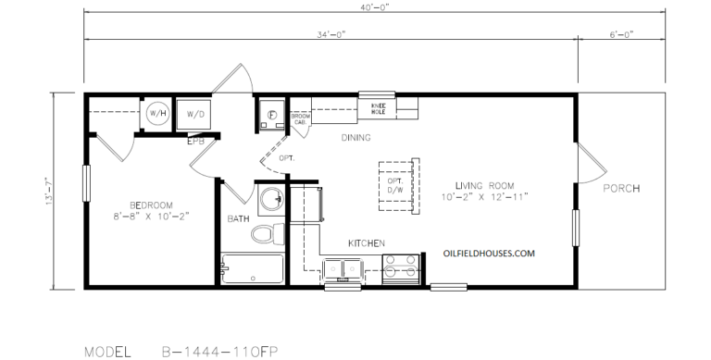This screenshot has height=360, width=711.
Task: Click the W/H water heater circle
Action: pyautogui.click(x=157, y=114)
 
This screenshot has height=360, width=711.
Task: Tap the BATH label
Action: pyautogui.click(x=238, y=219)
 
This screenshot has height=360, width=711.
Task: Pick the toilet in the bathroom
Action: pyautogui.click(x=266, y=233)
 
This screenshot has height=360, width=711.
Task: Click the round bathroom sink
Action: pyautogui.click(x=271, y=200)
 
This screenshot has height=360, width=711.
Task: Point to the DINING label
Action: pyautogui.click(x=355, y=138)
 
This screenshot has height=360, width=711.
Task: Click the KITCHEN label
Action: pyautogui.click(x=367, y=242)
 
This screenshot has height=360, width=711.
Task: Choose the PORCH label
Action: pyautogui.click(x=621, y=189)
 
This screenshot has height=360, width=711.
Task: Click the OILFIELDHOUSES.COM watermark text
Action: pyautogui.click(x=490, y=252)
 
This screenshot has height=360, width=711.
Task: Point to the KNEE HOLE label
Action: pyautogui.click(x=379, y=108)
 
